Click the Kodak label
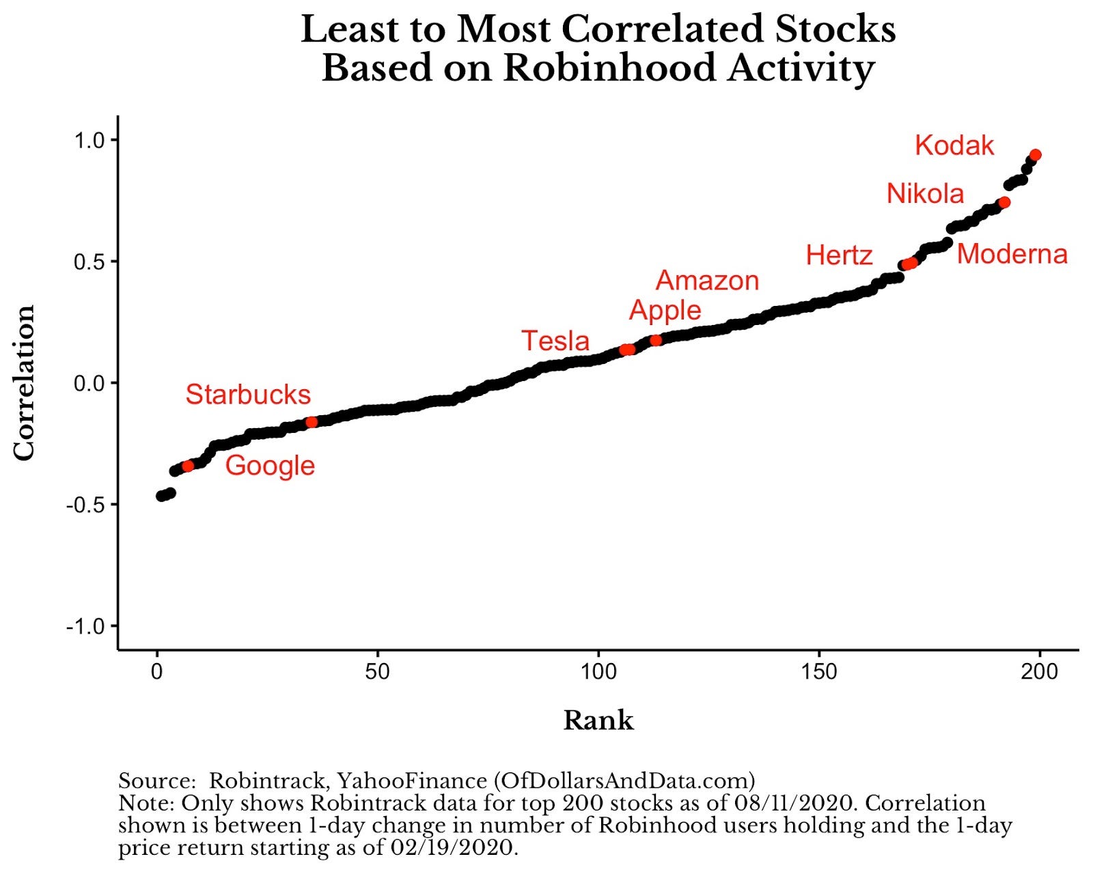(954, 145)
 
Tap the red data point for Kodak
(1035, 155)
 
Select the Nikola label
(925, 194)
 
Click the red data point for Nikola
(1004, 202)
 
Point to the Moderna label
(1012, 254)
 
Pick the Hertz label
(839, 255)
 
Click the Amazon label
(707, 281)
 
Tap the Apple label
(665, 310)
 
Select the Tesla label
(555, 341)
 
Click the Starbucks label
(248, 395)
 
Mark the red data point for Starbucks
(312, 422)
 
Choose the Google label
(270, 466)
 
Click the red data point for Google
(188, 466)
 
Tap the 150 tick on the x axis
(818, 672)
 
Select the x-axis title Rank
(598, 720)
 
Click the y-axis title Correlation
(25, 382)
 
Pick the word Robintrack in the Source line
(266, 780)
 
